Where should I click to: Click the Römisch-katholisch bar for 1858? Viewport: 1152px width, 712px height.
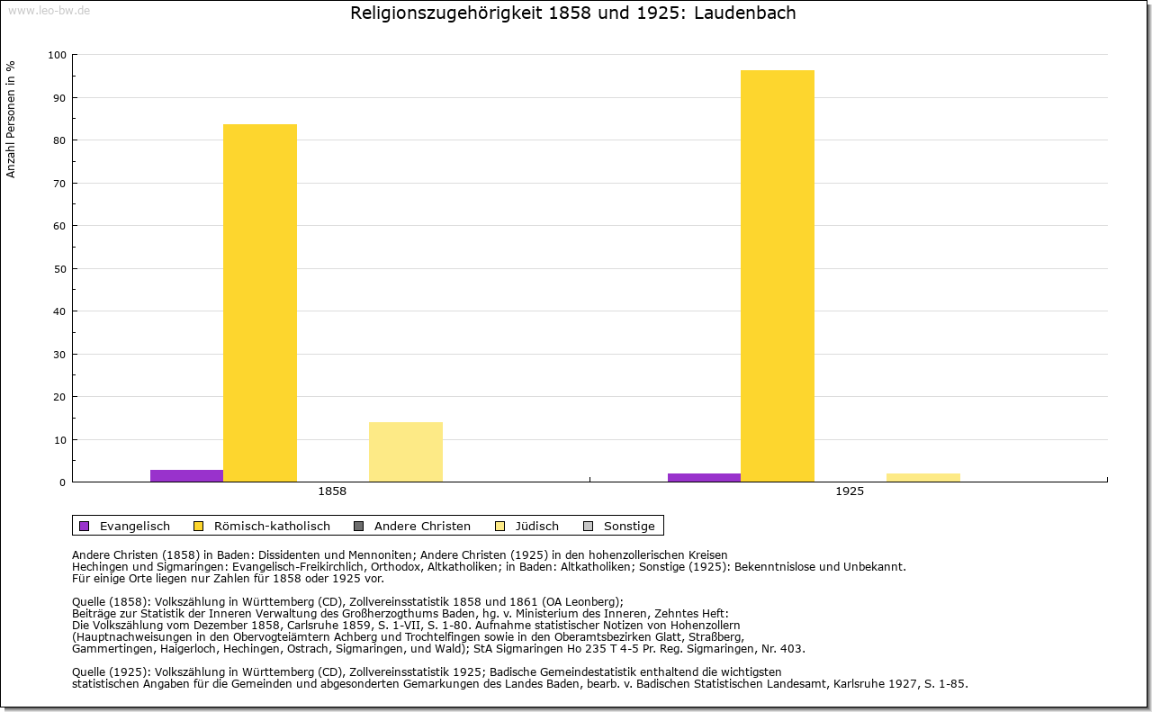pos(259,302)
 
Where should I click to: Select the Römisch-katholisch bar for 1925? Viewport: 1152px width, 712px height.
pos(777,275)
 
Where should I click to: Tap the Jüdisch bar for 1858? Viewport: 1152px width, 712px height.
pos(405,452)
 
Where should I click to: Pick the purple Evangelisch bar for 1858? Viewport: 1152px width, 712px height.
pos(186,475)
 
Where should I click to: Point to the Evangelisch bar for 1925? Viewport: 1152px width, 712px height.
pos(704,477)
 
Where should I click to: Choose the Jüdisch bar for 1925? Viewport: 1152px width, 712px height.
pos(922,477)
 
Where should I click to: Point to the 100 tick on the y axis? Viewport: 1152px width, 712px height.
pos(58,55)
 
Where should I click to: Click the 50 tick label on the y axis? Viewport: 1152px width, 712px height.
pos(60,269)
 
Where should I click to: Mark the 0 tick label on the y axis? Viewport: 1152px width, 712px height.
pos(63,482)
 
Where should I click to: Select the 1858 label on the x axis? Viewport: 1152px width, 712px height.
pos(332,491)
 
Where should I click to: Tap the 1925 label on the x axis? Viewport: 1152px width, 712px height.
pos(850,491)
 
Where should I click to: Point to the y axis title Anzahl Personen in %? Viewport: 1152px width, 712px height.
pos(12,119)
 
